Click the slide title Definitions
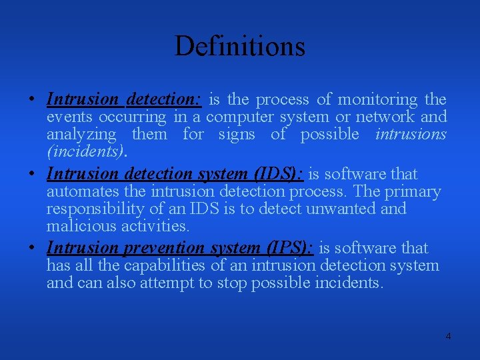(240, 46)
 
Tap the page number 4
(448, 336)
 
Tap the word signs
(237, 135)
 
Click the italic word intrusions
(411, 135)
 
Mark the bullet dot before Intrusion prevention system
(32, 248)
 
